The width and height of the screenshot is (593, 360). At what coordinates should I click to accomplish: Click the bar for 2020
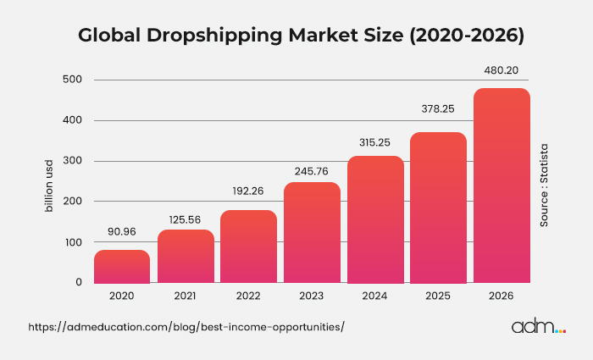pos(122,266)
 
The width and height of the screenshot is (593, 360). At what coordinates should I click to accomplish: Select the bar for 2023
pos(312,232)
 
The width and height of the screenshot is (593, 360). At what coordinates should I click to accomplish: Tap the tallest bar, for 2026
pos(502,186)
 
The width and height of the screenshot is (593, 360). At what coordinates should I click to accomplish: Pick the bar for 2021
pos(186,256)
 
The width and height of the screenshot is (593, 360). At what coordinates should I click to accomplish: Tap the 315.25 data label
pos(375,140)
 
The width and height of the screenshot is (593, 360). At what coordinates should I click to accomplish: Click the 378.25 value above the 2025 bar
pos(439,108)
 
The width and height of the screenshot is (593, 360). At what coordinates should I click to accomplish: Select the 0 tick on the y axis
pos(78,283)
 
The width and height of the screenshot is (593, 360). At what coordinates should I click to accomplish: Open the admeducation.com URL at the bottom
pos(186,327)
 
